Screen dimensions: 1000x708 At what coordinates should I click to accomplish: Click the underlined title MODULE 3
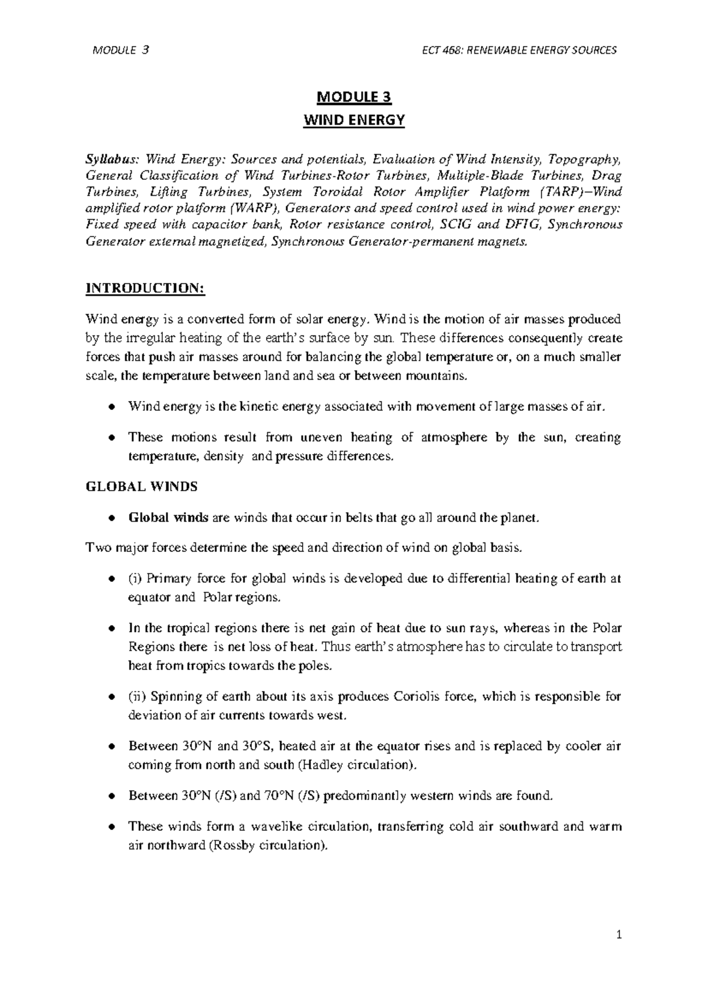(x=354, y=97)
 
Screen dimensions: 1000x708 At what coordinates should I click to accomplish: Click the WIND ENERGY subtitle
(x=354, y=120)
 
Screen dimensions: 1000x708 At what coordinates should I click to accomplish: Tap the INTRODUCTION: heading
(x=145, y=288)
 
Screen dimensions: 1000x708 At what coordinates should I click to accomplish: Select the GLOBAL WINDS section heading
(x=142, y=487)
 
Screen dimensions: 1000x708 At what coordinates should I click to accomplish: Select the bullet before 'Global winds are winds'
(x=111, y=518)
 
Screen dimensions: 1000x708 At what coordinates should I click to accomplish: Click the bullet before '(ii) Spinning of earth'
(x=111, y=697)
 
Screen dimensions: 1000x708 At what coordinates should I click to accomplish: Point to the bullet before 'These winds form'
(x=111, y=827)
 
